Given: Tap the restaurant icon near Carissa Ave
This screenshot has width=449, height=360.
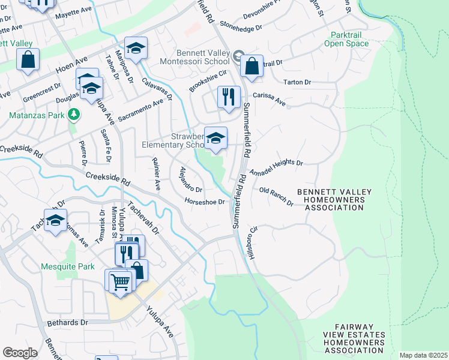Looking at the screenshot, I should tap(228, 98).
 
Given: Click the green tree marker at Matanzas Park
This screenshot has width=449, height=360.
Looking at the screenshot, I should tap(73, 113).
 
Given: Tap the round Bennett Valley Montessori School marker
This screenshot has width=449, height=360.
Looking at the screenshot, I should tap(238, 58).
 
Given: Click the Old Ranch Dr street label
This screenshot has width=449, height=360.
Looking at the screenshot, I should tap(276, 196).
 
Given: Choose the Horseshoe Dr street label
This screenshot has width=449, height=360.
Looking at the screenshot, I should tap(204, 202).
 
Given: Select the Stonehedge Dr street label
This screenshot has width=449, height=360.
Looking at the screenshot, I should tap(241, 27).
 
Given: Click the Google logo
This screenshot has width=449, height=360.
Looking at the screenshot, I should tap(20, 352).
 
